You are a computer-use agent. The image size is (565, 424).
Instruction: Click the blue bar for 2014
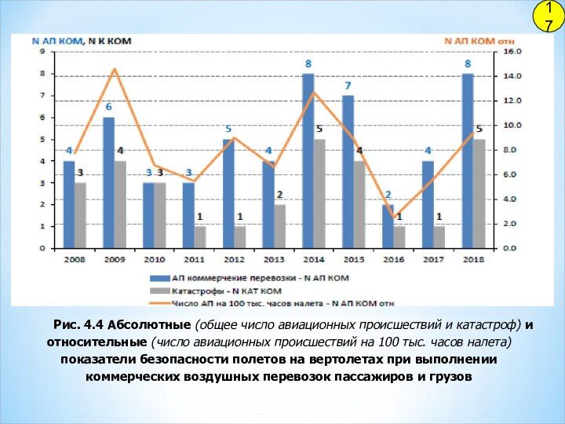tap(308, 161)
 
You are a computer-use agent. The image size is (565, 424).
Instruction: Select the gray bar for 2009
tap(120, 204)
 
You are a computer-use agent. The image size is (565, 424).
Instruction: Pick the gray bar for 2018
tap(479, 193)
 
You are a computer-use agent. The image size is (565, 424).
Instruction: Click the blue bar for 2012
tap(228, 193)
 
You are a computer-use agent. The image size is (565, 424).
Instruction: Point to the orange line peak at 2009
tap(115, 69)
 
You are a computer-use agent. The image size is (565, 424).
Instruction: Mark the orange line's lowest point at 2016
tap(394, 217)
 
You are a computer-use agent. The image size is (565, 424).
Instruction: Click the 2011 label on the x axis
tap(195, 258)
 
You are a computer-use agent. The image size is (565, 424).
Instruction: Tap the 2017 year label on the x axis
tap(433, 258)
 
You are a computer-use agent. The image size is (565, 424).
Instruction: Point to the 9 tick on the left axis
tap(42, 51)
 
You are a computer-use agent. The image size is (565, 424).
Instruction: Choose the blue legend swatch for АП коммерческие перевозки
tap(162, 277)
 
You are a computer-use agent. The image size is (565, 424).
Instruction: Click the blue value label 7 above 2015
tap(348, 86)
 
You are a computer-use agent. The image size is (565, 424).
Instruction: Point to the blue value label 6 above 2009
tap(108, 107)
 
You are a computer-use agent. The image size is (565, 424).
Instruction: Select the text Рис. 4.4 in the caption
tap(78, 324)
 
